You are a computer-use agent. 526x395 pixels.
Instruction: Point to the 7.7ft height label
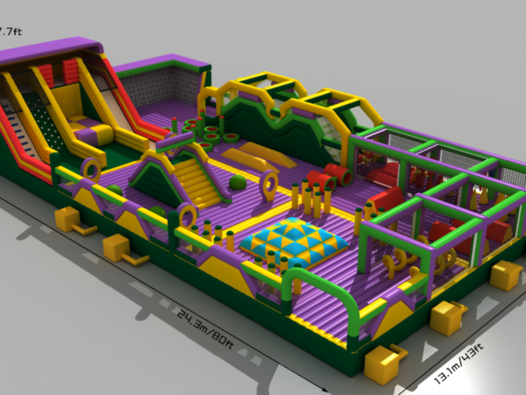(x=9, y=32)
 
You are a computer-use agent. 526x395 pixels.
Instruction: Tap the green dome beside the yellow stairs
(x=238, y=183)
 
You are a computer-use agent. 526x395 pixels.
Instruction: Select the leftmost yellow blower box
(x=67, y=219)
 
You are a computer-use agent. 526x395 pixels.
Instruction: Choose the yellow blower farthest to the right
(x=506, y=275)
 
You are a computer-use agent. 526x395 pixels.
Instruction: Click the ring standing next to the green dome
(x=268, y=183)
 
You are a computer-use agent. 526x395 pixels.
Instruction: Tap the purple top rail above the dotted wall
(x=162, y=63)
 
